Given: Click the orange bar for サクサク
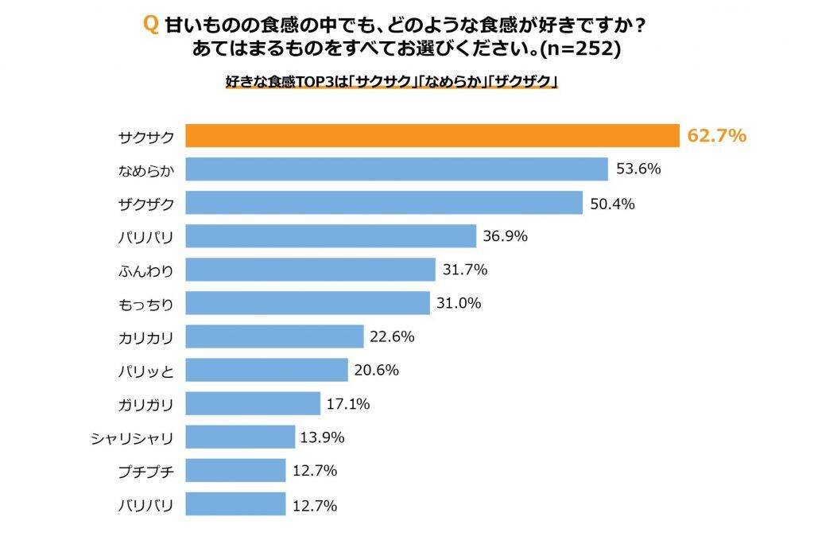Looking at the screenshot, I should click(432, 136).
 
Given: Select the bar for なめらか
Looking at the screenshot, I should click(397, 169).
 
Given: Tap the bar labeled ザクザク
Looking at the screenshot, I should click(385, 204).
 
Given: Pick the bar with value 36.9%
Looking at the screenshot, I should click(331, 237).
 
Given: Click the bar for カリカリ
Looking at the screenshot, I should click(274, 336).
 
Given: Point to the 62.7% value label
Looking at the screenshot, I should click(716, 136).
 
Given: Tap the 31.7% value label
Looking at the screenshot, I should click(464, 270).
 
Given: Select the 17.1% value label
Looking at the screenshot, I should click(348, 404).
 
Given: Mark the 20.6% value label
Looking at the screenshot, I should click(376, 370).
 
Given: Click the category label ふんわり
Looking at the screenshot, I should click(145, 270).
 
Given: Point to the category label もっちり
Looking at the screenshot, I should click(145, 304).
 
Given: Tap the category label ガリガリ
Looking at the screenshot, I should click(145, 404).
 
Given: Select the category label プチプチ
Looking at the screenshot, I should click(145, 471).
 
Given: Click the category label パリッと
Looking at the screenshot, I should click(145, 371).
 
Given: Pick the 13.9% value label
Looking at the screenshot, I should click(324, 437).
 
